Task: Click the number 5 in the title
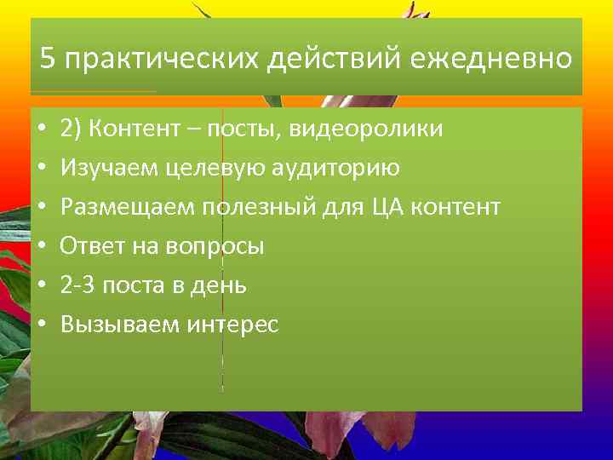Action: [48, 60]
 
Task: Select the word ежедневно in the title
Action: [490, 60]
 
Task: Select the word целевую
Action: [192, 168]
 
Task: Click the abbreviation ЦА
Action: [387, 207]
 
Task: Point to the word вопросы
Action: [219, 246]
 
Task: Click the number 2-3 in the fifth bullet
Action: [77, 285]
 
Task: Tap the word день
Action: [219, 285]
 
